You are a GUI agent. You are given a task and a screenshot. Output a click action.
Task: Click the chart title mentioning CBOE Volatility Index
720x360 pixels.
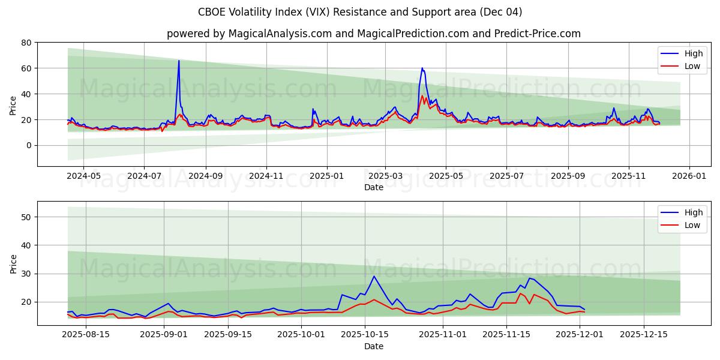[360, 12]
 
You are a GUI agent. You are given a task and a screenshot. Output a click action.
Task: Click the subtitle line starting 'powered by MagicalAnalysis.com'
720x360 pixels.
[373, 34]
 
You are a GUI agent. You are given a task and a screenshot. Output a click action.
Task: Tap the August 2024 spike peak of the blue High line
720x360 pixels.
[179, 61]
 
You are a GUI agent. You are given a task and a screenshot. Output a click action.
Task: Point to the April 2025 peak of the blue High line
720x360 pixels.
[422, 68]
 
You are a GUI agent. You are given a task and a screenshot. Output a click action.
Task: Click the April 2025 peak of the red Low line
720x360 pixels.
[422, 96]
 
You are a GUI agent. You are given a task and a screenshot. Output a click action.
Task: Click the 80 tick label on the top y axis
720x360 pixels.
[26, 43]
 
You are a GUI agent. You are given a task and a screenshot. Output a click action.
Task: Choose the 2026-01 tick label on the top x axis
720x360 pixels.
[689, 176]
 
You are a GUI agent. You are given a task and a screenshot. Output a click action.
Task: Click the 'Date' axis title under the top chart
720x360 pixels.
[373, 187]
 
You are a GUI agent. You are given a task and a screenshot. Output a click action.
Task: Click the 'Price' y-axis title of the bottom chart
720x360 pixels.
[13, 263]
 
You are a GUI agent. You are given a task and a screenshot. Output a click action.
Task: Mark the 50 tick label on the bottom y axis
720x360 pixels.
[26, 217]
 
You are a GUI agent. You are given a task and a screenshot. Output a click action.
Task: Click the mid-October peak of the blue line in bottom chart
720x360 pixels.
[374, 277]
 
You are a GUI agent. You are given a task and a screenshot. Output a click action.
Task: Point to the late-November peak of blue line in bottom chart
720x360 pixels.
[529, 278]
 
